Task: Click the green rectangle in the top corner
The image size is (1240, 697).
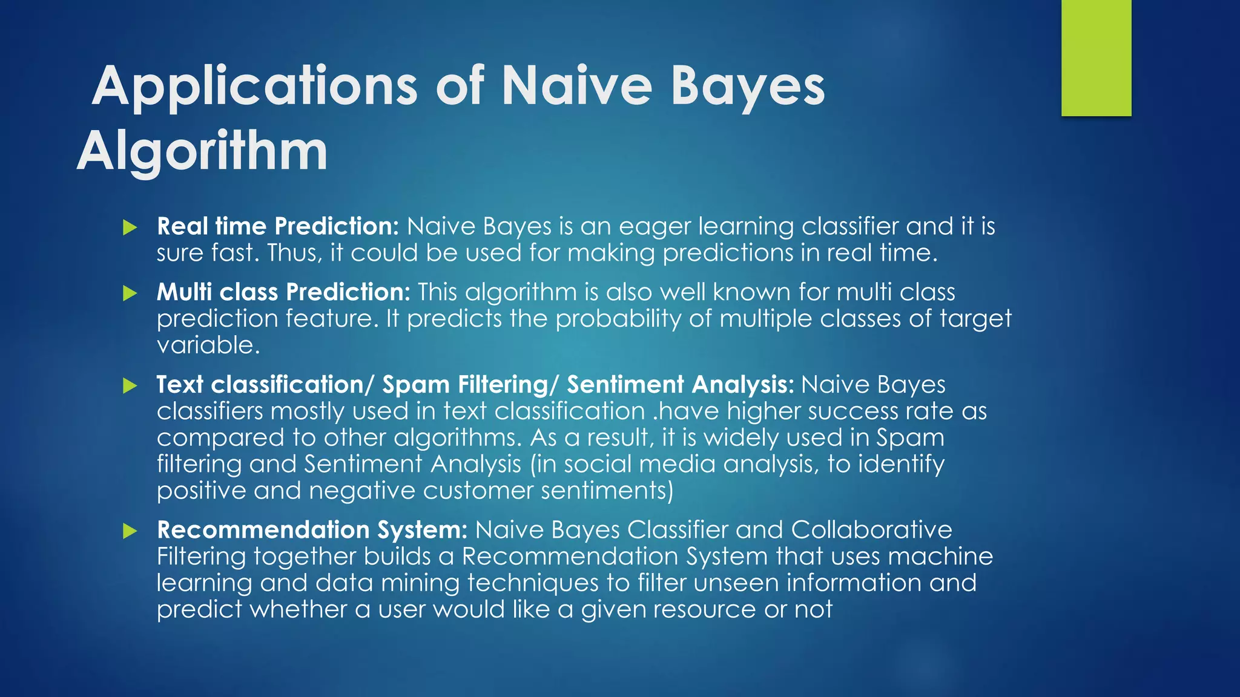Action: pyautogui.click(x=1096, y=58)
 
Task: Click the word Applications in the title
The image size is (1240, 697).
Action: pyautogui.click(x=255, y=87)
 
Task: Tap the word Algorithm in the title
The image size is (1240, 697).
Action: pyautogui.click(x=202, y=151)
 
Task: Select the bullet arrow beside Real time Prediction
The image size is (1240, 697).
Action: pyautogui.click(x=130, y=228)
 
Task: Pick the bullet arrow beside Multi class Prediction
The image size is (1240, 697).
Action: pyautogui.click(x=130, y=293)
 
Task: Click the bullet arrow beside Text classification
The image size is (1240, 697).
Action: pyautogui.click(x=130, y=386)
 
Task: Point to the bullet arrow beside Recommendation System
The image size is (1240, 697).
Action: pyautogui.click(x=130, y=531)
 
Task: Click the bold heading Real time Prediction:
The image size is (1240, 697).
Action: pyautogui.click(x=278, y=226)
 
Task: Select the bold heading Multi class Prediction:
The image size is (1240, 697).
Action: pyautogui.click(x=283, y=292)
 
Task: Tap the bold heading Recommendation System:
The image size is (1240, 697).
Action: pyautogui.click(x=312, y=530)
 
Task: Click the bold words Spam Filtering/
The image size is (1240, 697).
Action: pyautogui.click(x=470, y=385)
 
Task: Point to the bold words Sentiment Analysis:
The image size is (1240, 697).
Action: pyautogui.click(x=680, y=385)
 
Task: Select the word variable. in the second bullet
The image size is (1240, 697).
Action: pyautogui.click(x=208, y=345)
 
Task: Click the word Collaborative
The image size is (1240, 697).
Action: pyautogui.click(x=871, y=530)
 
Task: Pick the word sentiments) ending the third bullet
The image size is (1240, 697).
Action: pyautogui.click(x=607, y=491)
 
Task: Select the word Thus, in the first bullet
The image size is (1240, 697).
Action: pyautogui.click(x=295, y=253)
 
